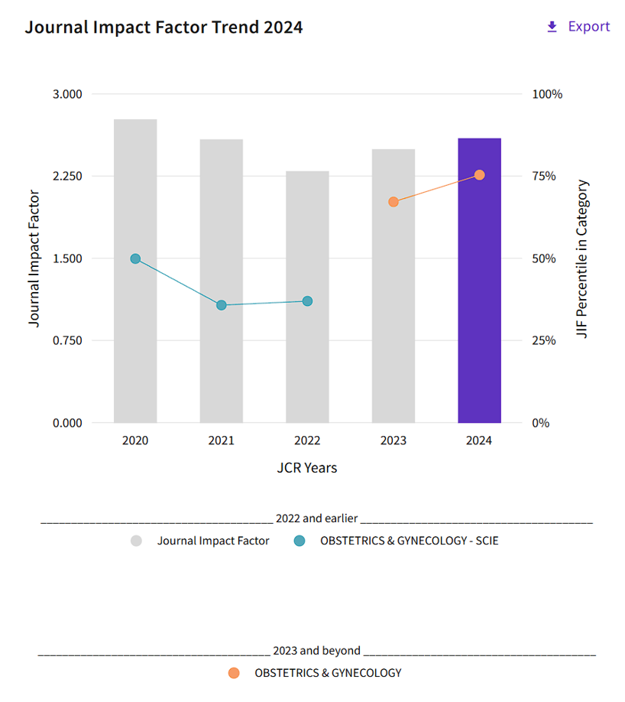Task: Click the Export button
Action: [x=578, y=27]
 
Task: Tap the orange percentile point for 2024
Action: [x=479, y=175]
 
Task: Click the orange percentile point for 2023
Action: [x=393, y=202]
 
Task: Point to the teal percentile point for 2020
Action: [x=135, y=258]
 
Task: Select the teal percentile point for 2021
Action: [x=222, y=305]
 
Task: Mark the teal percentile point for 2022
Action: [x=307, y=301]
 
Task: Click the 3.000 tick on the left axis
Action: [x=66, y=94]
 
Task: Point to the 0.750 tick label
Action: [x=66, y=340]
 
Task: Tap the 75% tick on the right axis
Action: [x=546, y=176]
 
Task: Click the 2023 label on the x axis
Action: [x=393, y=440]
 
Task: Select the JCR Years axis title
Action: [x=306, y=467]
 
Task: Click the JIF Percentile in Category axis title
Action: [x=583, y=258]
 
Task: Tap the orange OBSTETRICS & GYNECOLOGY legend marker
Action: [x=234, y=673]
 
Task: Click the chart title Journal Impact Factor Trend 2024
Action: [x=164, y=27]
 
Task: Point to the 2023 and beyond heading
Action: [x=317, y=651]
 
